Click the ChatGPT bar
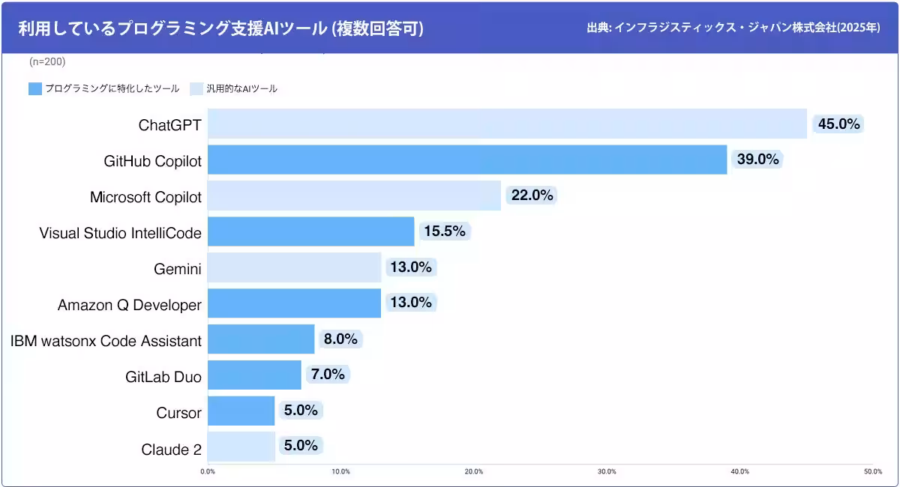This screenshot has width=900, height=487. (x=507, y=124)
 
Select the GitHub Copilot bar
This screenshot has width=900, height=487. (x=467, y=160)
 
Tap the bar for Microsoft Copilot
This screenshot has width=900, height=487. (x=354, y=196)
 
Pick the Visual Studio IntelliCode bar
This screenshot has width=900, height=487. (x=310, y=232)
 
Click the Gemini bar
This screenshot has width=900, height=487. (x=294, y=267)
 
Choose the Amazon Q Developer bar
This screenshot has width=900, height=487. (x=294, y=303)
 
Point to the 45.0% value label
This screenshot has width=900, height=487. (x=838, y=124)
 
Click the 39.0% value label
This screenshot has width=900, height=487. (x=757, y=160)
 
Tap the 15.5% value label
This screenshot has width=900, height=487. (x=445, y=232)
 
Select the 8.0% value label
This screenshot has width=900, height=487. (x=340, y=339)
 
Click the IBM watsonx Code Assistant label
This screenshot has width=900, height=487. (x=106, y=342)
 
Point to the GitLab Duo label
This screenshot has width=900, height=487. (x=163, y=377)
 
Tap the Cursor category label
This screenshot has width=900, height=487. (x=178, y=413)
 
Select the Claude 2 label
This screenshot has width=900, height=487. (x=171, y=450)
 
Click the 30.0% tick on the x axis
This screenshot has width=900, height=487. (x=607, y=471)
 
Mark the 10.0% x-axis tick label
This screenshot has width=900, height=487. (x=340, y=471)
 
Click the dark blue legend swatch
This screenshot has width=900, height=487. (x=34, y=88)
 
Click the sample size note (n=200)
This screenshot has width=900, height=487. (x=47, y=61)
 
